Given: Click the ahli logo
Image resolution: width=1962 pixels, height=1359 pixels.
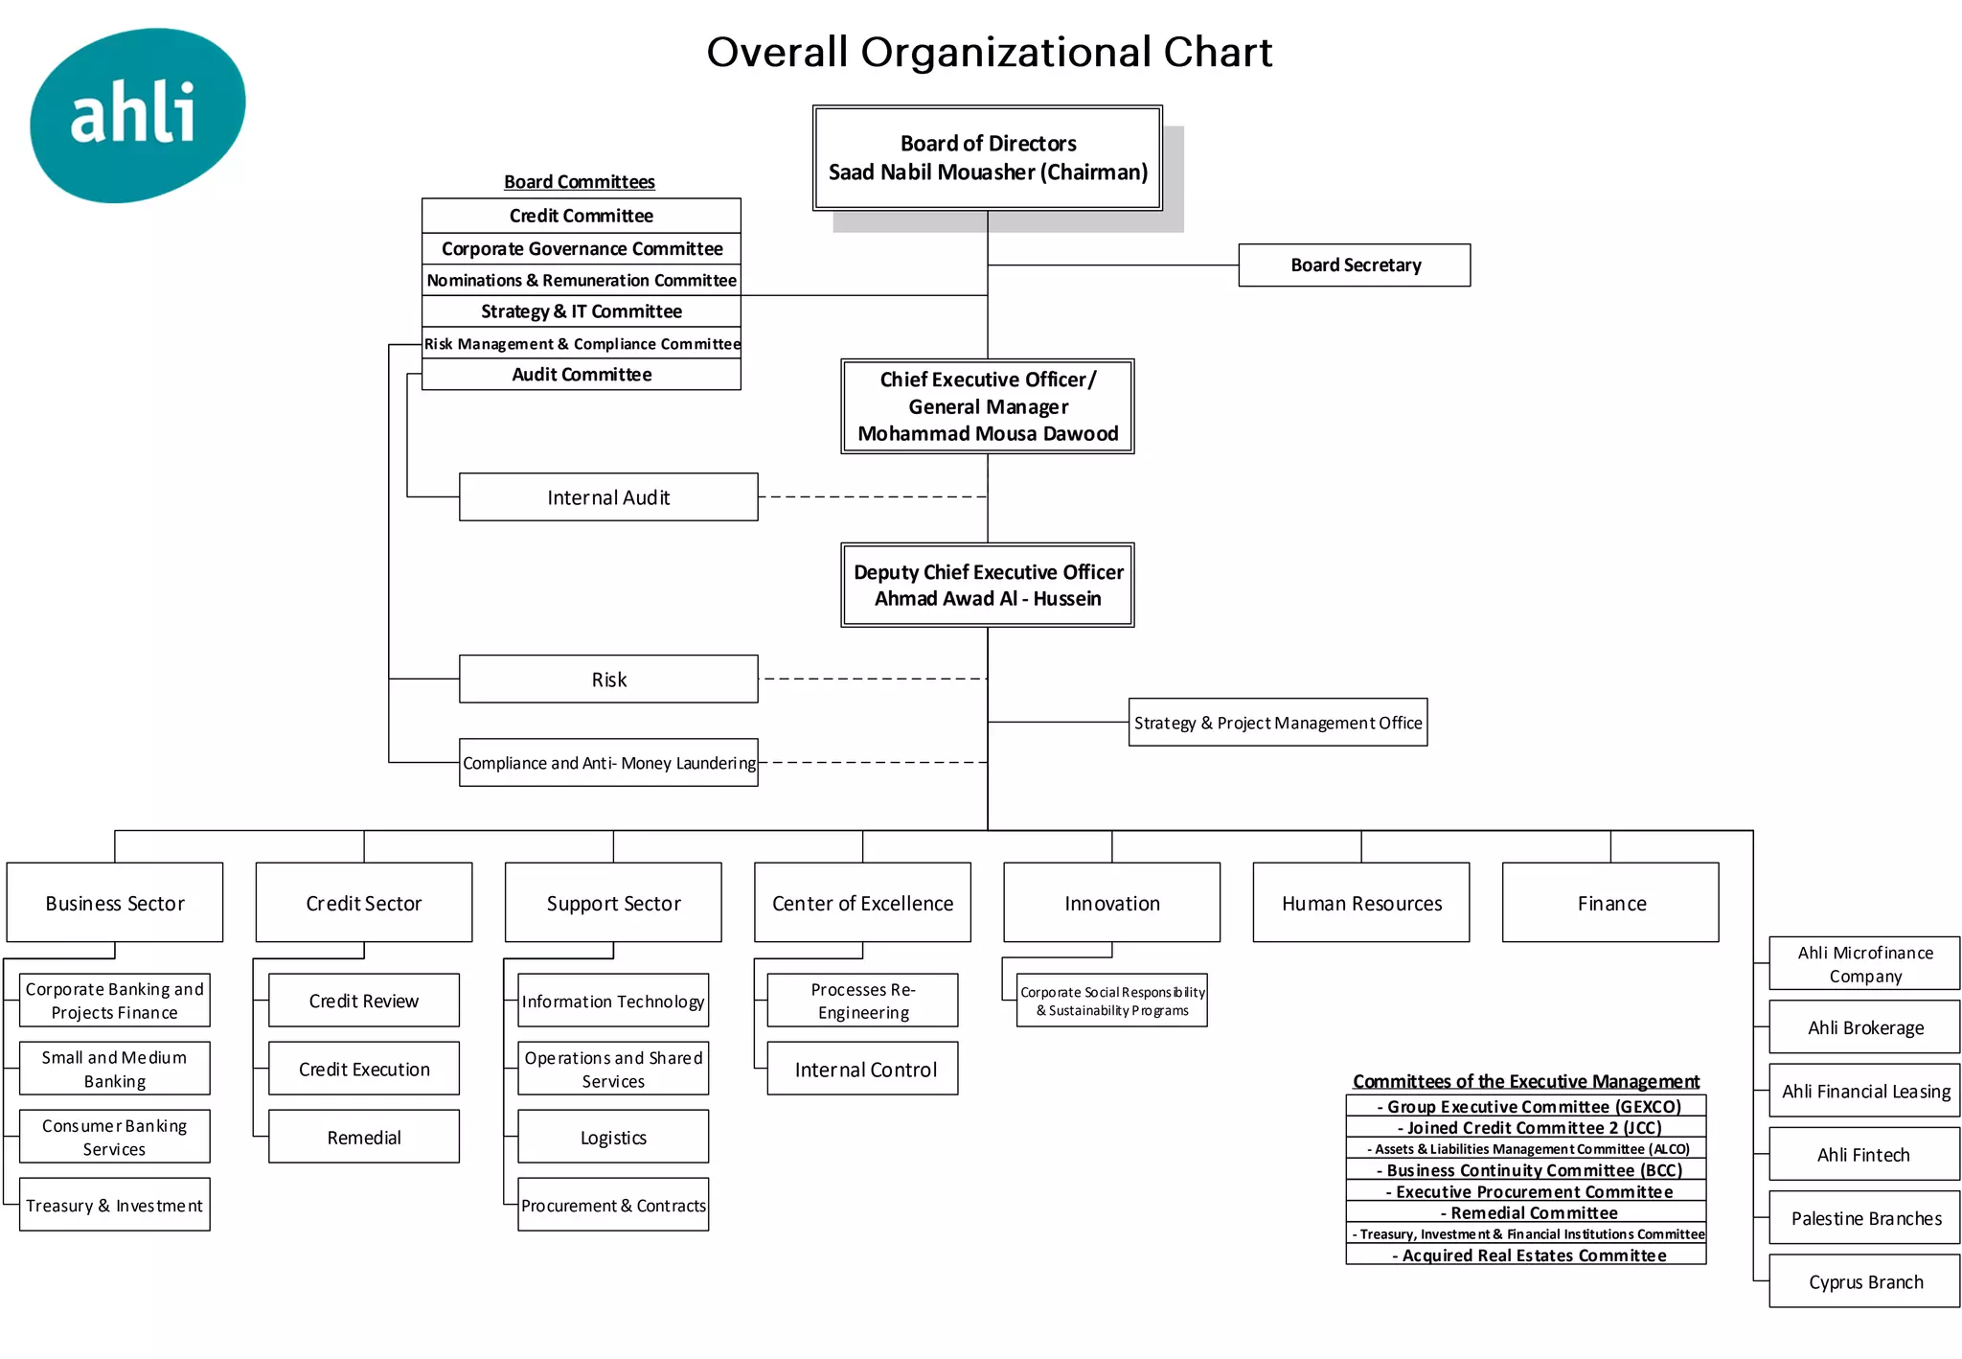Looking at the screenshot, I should point(137,115).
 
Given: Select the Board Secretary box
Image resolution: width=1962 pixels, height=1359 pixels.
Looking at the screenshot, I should point(1354,265).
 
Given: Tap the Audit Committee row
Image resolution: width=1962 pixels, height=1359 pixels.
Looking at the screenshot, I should point(581,375).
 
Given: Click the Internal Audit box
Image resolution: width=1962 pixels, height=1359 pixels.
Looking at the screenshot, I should point(608,497).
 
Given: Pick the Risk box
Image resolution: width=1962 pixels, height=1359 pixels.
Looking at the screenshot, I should point(608,679).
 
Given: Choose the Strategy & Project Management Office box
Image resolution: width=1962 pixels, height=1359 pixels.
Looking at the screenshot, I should point(1277,723).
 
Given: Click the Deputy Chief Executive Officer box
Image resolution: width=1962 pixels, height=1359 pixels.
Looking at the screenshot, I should point(988,586).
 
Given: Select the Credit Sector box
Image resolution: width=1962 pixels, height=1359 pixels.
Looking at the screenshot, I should point(364,903).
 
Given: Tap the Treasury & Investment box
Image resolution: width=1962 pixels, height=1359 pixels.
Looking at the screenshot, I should point(115,1206).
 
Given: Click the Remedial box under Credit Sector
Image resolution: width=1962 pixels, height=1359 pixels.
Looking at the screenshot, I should point(364,1138).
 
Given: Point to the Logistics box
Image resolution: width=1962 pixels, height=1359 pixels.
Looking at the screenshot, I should point(613,1138).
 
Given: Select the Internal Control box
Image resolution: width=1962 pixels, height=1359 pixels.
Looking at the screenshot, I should point(862,1070).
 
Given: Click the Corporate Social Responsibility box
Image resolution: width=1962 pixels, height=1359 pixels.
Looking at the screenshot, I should point(1111,1002).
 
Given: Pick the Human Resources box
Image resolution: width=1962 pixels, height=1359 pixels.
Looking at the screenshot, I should point(1361,903).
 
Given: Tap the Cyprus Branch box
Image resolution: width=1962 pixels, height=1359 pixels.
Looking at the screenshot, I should point(1864,1282).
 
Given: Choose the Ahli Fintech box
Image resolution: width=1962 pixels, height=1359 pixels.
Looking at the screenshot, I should point(1864,1155).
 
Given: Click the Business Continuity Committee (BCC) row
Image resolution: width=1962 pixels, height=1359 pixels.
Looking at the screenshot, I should point(1526,1170).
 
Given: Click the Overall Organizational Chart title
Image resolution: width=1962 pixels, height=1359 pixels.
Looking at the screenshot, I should point(989,52).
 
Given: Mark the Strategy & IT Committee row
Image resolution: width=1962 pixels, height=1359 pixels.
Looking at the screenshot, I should point(581,311).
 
